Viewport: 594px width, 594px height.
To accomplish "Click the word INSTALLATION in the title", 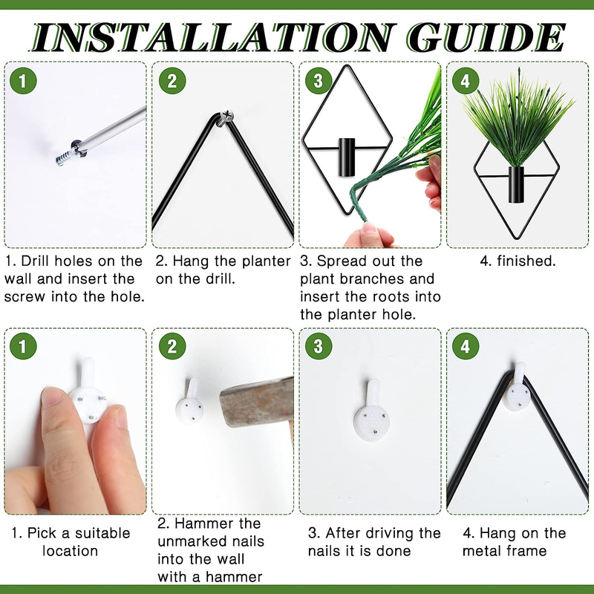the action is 212,37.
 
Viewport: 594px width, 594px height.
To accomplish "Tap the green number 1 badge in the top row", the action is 23,81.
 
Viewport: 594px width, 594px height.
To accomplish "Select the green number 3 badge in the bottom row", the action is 319,346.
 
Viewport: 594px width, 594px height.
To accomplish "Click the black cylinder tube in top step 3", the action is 347,157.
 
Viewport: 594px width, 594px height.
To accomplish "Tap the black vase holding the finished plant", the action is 516,184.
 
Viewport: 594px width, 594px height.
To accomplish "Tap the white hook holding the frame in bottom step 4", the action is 517,388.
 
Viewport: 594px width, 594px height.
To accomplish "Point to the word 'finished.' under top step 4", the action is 526,261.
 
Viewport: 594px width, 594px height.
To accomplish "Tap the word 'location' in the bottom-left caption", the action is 70,550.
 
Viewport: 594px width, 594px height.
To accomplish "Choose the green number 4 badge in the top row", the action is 466,81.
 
